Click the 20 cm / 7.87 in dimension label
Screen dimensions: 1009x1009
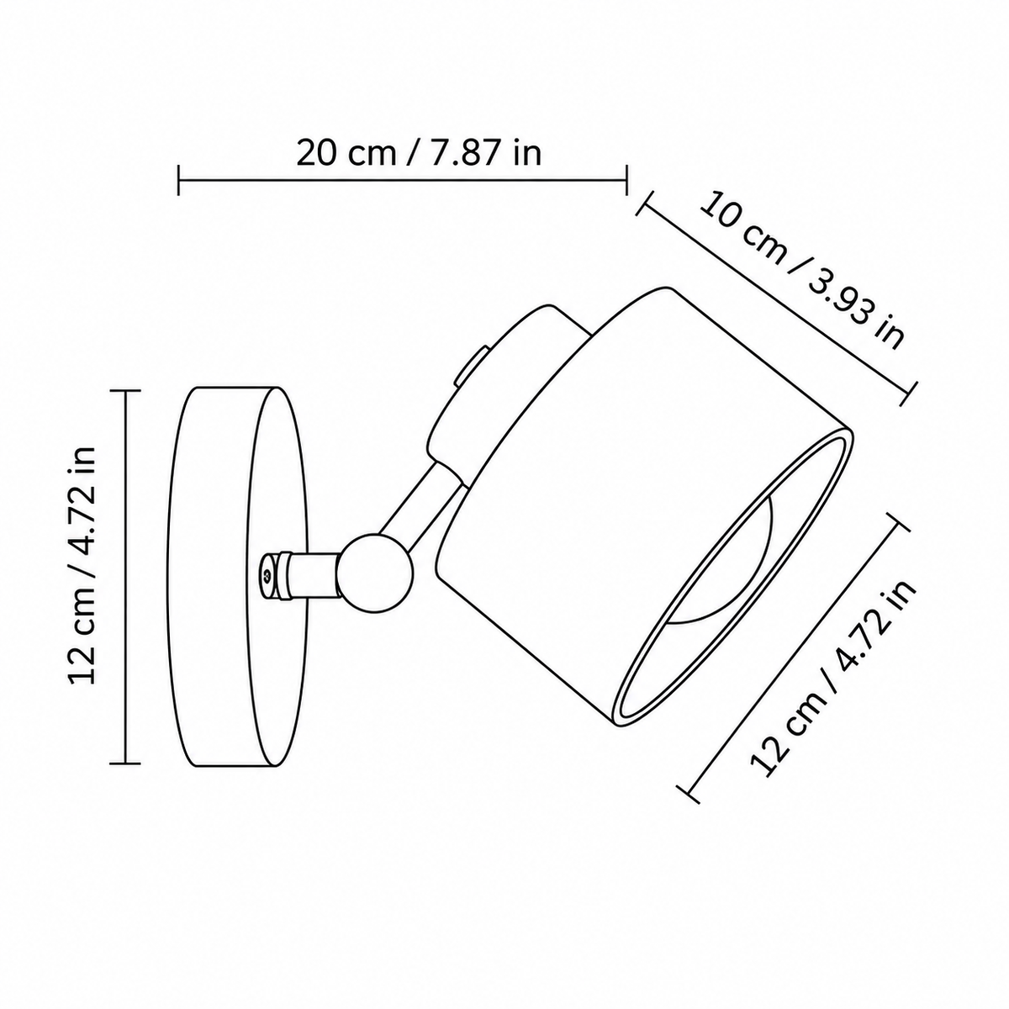(419, 153)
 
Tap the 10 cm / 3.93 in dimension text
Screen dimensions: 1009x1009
(802, 269)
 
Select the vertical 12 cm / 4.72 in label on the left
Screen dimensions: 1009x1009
(82, 566)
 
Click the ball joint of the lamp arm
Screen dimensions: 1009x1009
(375, 573)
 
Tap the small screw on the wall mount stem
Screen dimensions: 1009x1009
(267, 576)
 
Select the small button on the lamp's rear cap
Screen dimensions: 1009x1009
(469, 370)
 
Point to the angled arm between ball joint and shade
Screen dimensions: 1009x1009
(421, 504)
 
